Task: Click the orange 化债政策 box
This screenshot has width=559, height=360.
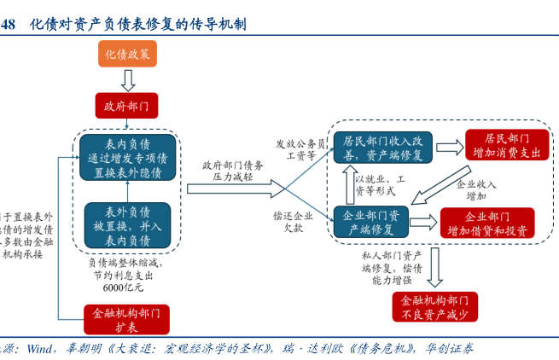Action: (127, 55)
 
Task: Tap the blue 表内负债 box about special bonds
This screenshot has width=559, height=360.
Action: (127, 157)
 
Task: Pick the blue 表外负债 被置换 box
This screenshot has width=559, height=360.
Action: (127, 225)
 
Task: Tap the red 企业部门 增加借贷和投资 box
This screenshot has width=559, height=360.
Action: (487, 222)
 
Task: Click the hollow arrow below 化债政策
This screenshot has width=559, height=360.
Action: (127, 80)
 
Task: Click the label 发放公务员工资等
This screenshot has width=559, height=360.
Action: (300, 150)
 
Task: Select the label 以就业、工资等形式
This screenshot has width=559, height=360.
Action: (381, 184)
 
